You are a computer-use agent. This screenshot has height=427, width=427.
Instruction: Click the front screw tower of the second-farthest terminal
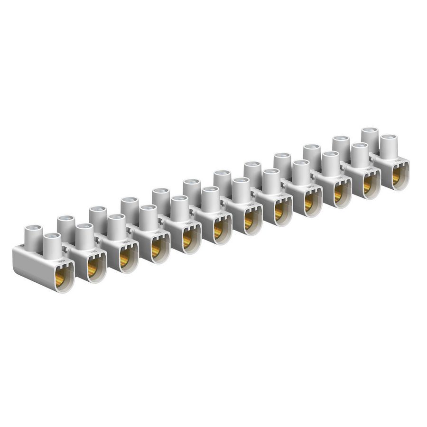[x=360, y=154]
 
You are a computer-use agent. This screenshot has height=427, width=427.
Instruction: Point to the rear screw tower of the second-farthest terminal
[x=341, y=146]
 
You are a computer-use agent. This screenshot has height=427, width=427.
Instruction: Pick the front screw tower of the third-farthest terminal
[x=331, y=163]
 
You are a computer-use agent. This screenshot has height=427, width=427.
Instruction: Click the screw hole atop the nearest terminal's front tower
[x=52, y=236]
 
